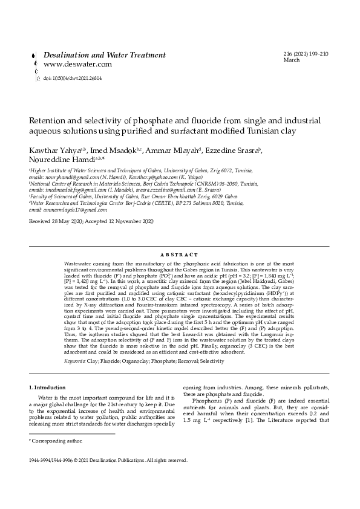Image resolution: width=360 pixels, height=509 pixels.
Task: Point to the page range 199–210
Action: (x=315, y=54)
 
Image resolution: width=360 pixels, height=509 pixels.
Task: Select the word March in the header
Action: (x=292, y=60)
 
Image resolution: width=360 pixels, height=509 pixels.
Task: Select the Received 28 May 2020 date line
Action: (x=91, y=222)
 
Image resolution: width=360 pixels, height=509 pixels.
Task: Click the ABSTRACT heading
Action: (x=180, y=255)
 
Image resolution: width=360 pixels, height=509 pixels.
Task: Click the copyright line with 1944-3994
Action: (x=108, y=460)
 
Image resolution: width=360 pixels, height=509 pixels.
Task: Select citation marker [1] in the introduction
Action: (x=241, y=420)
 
